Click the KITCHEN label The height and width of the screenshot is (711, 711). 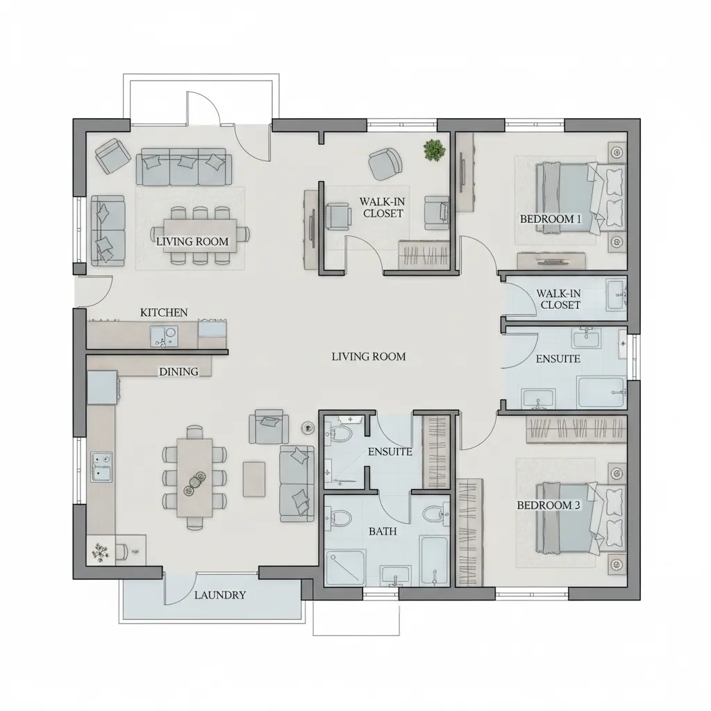164,312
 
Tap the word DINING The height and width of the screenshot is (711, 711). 179,371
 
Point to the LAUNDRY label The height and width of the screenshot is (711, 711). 220,595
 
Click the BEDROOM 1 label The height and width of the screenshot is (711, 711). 551,219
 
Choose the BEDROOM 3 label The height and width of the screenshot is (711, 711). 548,505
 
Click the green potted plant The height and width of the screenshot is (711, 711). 435,149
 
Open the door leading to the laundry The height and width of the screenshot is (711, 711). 181,587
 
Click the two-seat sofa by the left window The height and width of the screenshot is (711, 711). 109,231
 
